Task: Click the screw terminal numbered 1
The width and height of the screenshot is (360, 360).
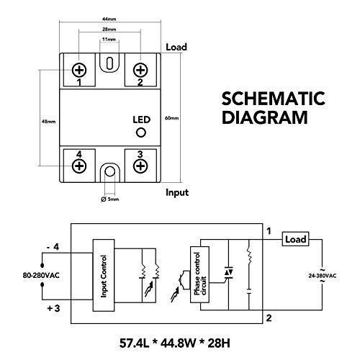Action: coord(79,70)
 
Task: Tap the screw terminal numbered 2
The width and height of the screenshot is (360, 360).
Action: coord(140,70)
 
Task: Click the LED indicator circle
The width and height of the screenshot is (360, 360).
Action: coord(141,133)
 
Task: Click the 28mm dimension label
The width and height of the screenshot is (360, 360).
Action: coord(109,30)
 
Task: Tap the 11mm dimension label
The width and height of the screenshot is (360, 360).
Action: coord(109,40)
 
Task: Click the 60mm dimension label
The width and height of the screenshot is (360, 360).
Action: coord(171,117)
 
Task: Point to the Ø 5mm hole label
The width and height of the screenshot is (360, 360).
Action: coord(109,199)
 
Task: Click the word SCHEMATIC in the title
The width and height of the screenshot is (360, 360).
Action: coord(263,99)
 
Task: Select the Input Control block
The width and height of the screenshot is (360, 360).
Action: coord(104,275)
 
